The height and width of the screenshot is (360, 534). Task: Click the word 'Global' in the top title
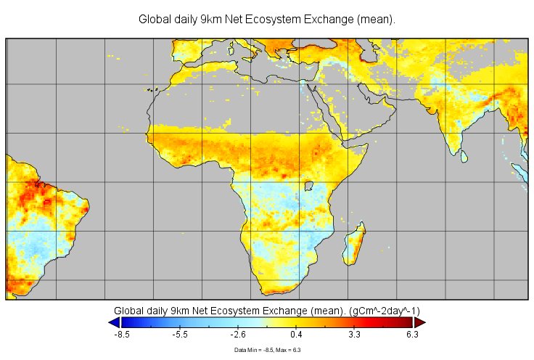(x=155, y=20)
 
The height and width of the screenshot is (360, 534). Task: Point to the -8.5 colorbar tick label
(x=122, y=335)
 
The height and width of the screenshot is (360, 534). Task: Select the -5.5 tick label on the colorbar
(x=180, y=335)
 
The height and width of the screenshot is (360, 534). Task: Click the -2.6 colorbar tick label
(x=238, y=335)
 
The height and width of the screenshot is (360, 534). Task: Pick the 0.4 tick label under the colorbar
(x=297, y=335)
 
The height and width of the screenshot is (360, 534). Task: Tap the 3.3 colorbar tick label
(x=355, y=335)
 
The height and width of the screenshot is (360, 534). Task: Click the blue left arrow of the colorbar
(x=114, y=322)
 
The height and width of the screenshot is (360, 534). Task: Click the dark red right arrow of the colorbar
(x=419, y=322)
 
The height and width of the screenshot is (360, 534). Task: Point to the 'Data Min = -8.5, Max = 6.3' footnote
(x=267, y=350)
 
